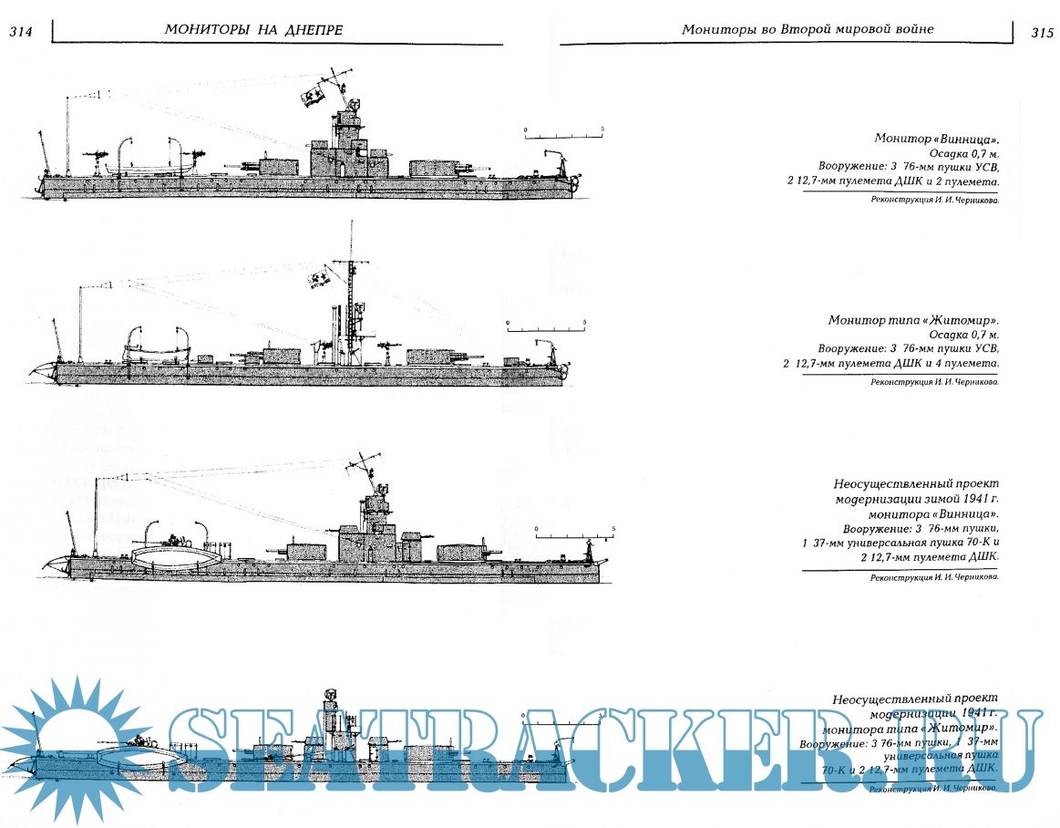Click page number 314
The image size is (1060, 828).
click(x=20, y=32)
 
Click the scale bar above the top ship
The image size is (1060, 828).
click(x=564, y=133)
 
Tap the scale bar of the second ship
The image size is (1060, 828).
click(x=546, y=326)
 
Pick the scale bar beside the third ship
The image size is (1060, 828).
click(x=575, y=533)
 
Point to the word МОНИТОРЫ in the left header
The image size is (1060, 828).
click(x=207, y=29)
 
